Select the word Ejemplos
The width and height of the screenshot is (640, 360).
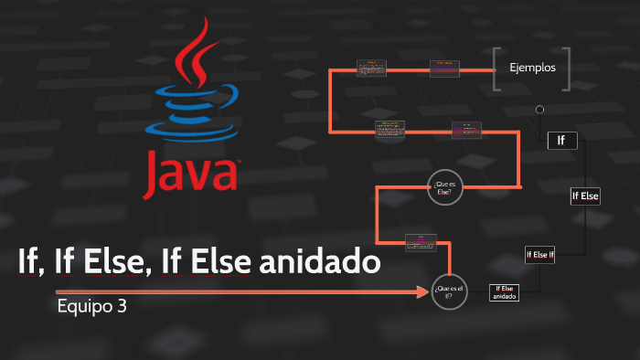(x=531, y=68)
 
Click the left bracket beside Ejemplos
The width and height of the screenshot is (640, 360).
(x=496, y=69)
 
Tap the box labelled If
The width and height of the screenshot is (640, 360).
(x=561, y=140)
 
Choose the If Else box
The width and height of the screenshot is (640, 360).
(x=584, y=196)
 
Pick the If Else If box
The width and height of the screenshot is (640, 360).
(x=539, y=255)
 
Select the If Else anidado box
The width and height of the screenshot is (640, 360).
(x=504, y=292)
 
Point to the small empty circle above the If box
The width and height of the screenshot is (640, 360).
(x=539, y=110)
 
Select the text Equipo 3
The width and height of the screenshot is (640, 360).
(x=91, y=306)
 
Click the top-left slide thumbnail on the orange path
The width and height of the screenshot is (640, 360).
(x=372, y=68)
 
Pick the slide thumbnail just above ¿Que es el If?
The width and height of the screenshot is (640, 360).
(x=421, y=241)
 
